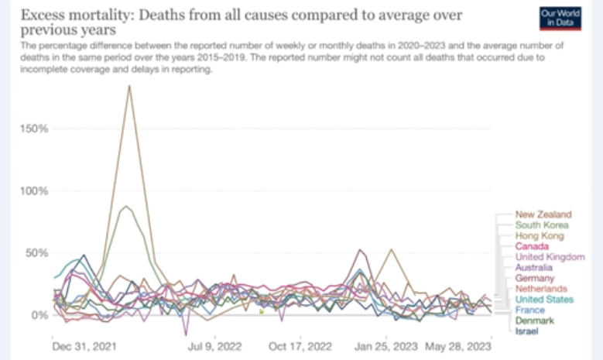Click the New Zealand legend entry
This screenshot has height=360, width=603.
click(543, 214)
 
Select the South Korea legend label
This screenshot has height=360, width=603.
click(542, 225)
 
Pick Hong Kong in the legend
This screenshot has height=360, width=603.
click(540, 235)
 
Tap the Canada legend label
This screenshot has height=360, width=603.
click(533, 246)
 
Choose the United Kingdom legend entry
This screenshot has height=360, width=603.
click(550, 257)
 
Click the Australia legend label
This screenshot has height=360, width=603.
click(535, 267)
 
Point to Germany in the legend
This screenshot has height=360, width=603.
click(535, 278)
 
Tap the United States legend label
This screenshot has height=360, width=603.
click(545, 300)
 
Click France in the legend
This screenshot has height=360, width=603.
click(531, 310)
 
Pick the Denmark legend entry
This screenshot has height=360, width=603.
click(535, 321)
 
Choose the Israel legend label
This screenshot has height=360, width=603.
click(528, 331)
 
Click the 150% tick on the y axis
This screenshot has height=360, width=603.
click(34, 129)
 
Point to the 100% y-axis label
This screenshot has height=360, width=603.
click(34, 190)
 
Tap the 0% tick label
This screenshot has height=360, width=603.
click(39, 315)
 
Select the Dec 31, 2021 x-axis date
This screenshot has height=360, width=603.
click(79, 345)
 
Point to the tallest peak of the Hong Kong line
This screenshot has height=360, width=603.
click(129, 85)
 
